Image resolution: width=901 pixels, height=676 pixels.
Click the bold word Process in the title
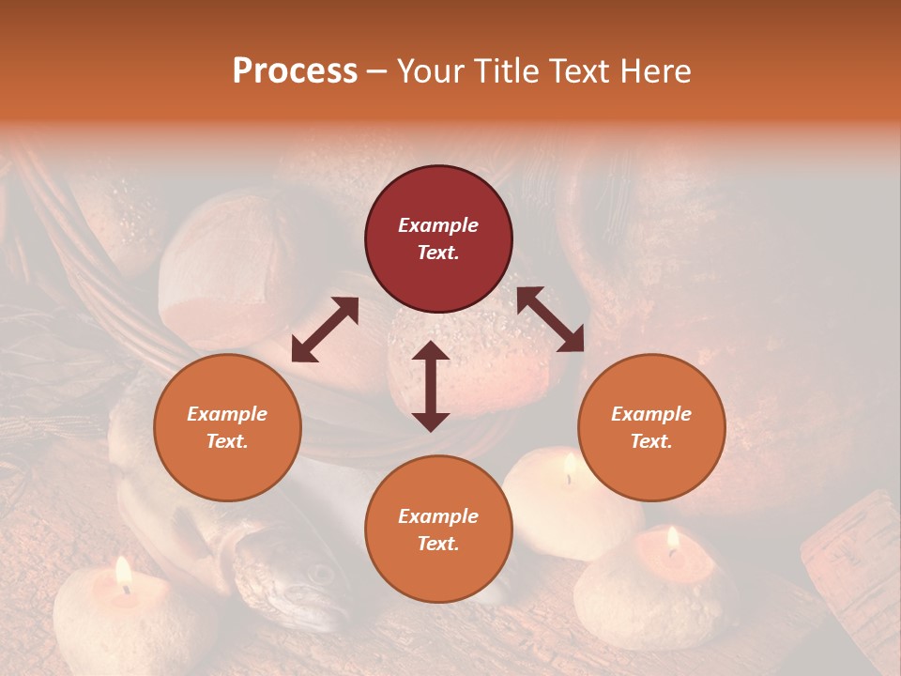coord(295,71)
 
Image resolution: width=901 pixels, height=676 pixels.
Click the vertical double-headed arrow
coord(431,386)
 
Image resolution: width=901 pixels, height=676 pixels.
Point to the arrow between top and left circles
coord(325,330)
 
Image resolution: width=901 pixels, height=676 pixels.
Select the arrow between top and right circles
coord(550,319)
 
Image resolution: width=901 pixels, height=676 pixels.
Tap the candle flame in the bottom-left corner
coord(123,573)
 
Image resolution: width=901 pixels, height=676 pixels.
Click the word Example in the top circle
coord(438,225)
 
